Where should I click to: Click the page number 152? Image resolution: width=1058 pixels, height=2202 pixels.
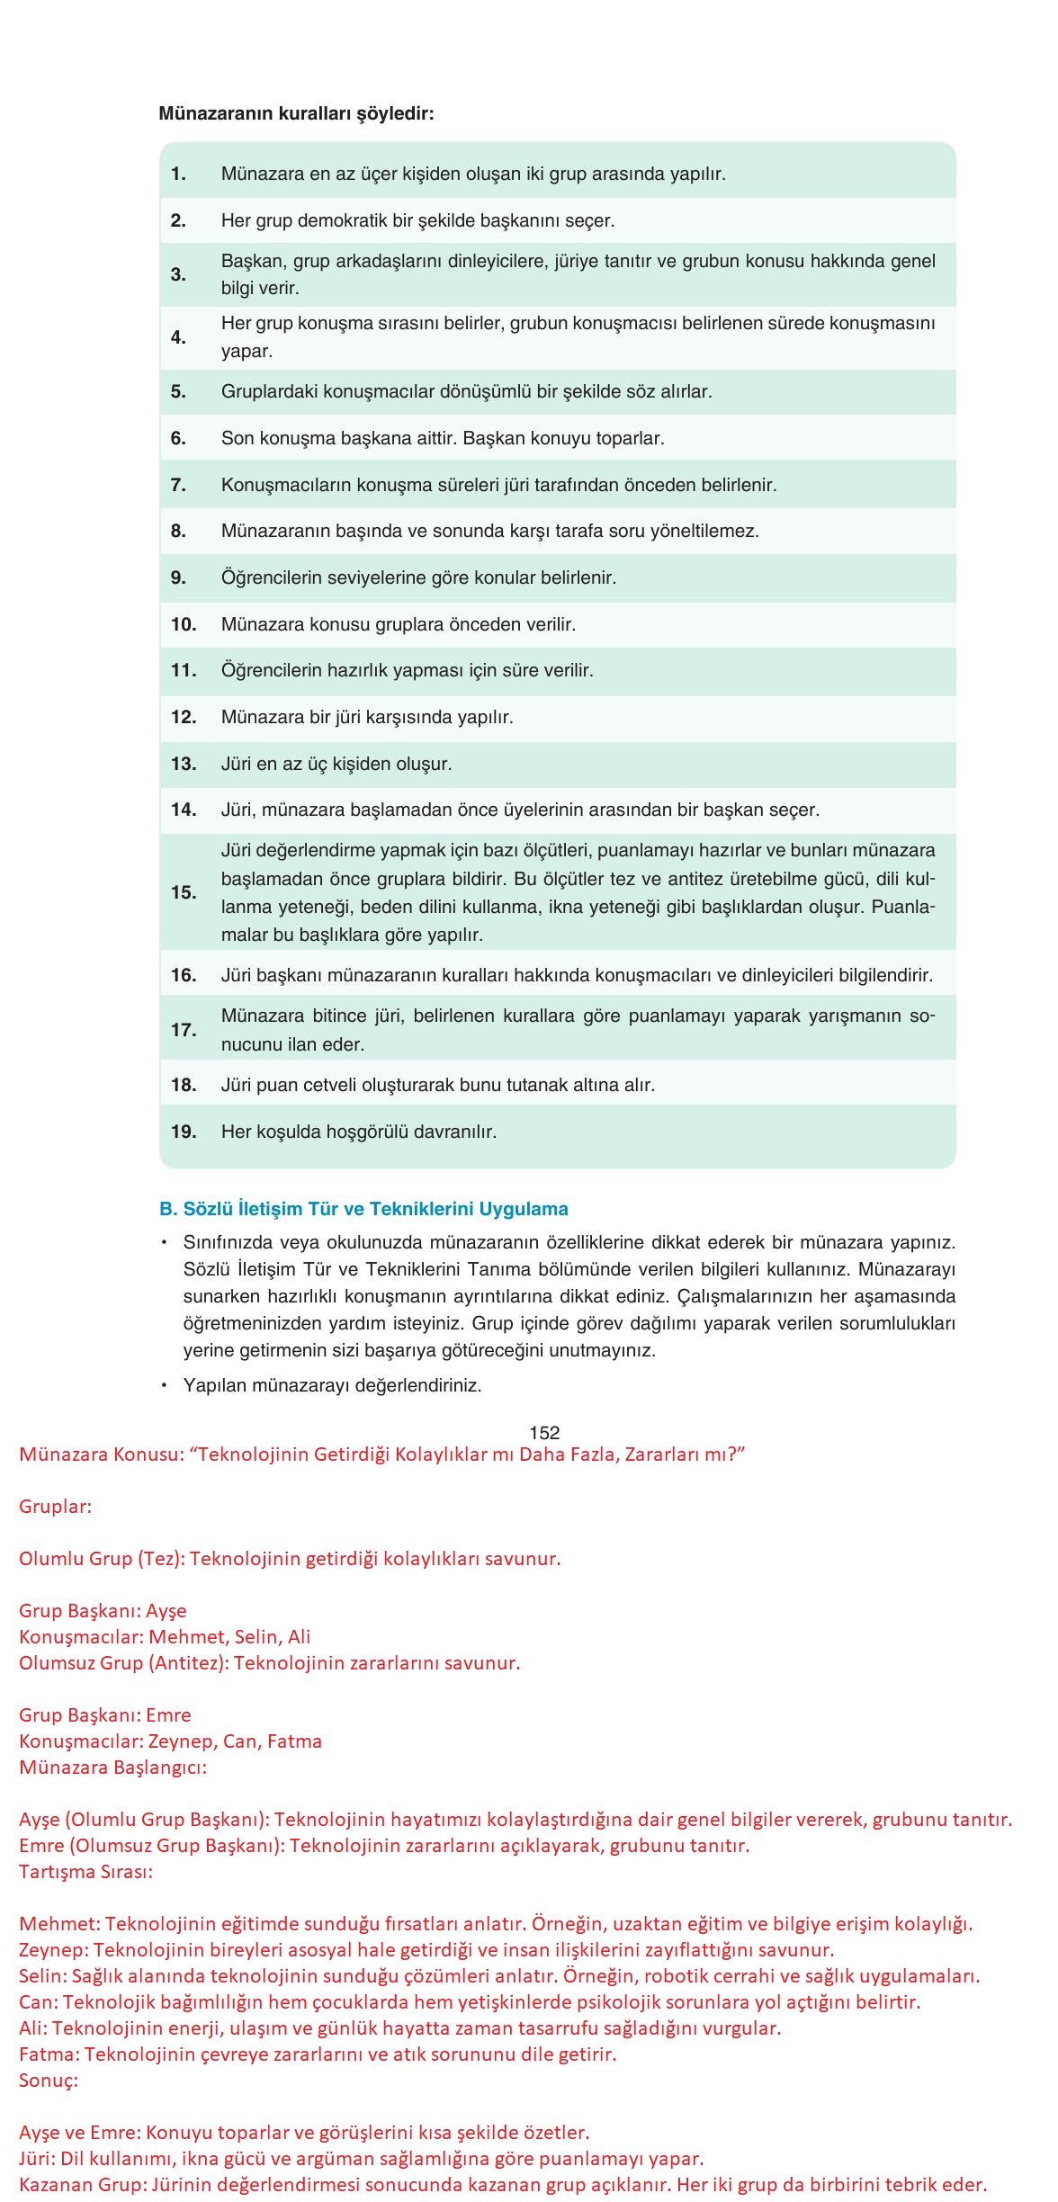tap(544, 1433)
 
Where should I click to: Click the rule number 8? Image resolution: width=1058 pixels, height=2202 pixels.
tap(178, 531)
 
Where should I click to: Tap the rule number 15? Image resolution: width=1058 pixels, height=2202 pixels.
tap(184, 892)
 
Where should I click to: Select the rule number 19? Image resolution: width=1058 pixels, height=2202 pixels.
tap(184, 1132)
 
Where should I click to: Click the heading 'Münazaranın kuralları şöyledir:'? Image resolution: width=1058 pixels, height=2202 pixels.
tap(296, 114)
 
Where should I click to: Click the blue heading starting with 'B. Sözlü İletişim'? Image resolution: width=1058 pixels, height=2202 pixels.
tap(363, 1209)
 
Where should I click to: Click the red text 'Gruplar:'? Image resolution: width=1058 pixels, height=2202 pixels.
tap(55, 1507)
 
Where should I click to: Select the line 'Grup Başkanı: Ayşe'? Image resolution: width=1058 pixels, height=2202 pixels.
tap(103, 1611)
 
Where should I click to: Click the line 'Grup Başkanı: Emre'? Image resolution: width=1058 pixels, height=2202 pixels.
tap(104, 1715)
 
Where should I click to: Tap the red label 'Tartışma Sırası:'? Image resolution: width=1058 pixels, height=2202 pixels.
tap(85, 1872)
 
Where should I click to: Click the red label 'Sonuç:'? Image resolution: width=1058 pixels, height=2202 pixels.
tap(48, 2081)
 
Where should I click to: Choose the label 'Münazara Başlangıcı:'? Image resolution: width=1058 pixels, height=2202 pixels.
tap(112, 1768)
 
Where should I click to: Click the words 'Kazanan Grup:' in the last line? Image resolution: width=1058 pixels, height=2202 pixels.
tap(81, 2185)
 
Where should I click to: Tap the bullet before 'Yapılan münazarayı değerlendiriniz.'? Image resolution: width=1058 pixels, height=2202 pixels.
tap(165, 1385)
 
